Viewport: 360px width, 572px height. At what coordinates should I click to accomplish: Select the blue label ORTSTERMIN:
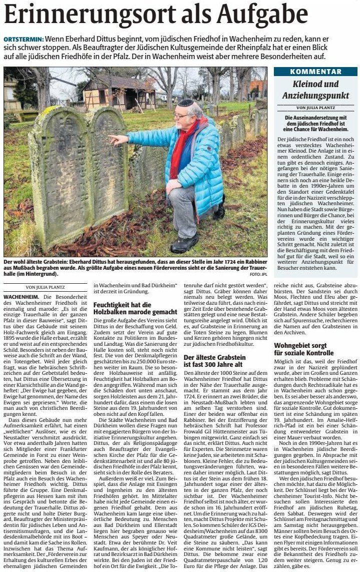coord(23,39)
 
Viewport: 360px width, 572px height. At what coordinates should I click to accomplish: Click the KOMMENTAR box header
coord(315,72)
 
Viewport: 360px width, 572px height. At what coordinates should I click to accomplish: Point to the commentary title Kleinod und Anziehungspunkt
coord(315,90)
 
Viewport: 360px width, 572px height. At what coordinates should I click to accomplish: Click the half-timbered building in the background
coord(113,93)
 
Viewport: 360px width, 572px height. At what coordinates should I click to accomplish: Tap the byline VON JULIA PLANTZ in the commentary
coord(315,107)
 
